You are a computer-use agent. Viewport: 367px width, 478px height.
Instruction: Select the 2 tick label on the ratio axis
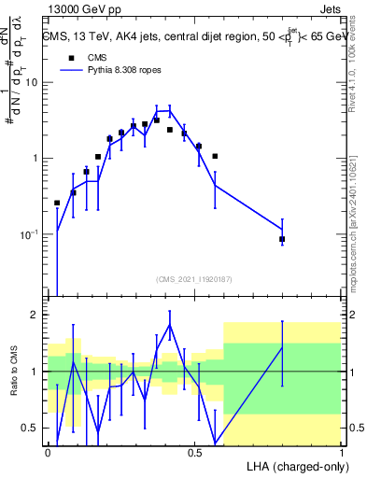click(x=36, y=315)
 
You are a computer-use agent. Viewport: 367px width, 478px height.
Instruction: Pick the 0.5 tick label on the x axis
click(x=194, y=452)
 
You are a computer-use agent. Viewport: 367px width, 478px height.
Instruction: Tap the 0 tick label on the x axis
click(x=48, y=452)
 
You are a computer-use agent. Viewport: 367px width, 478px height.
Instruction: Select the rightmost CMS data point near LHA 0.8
click(x=282, y=240)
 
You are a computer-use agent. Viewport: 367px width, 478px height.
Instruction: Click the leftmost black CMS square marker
click(x=57, y=203)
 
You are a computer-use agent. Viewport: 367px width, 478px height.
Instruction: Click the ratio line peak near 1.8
click(x=170, y=325)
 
